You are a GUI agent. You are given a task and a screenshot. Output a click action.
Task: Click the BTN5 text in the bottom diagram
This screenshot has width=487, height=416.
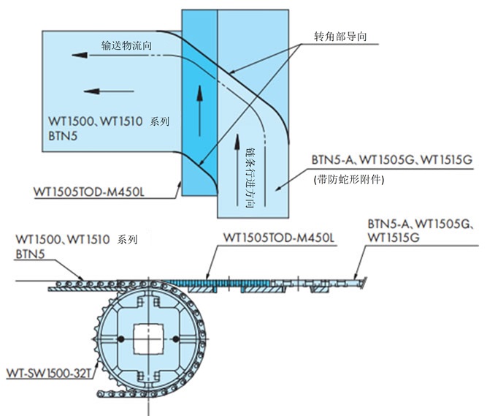pos(29,253)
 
